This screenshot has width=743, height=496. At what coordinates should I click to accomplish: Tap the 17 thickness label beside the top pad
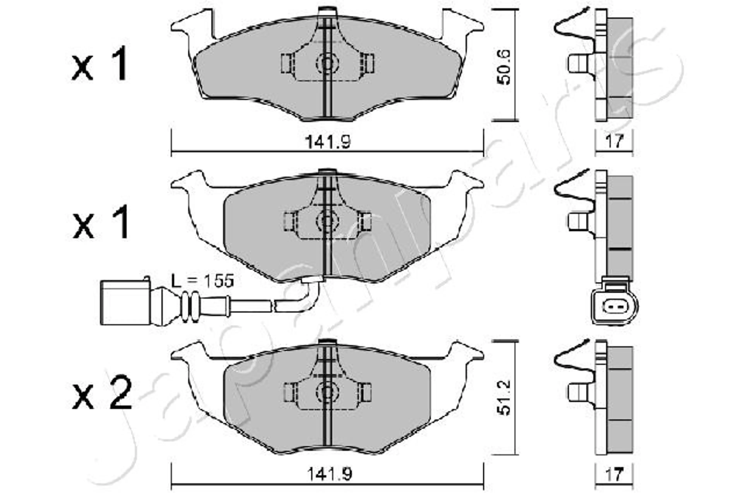(x=614, y=141)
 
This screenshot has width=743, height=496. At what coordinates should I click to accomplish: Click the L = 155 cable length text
(x=203, y=281)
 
